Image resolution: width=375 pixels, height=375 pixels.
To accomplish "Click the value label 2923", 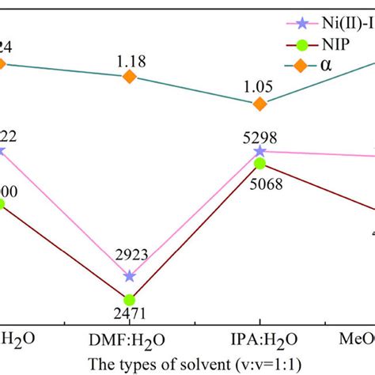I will (131, 255).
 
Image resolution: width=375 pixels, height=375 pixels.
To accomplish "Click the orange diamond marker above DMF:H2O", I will (130, 76).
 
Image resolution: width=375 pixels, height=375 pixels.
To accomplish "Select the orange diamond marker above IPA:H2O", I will (259, 104).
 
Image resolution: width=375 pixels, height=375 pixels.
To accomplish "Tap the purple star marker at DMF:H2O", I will (130, 276).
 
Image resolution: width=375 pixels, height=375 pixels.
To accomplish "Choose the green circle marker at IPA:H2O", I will (259, 164).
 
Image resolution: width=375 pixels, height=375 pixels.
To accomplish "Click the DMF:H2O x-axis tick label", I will (130, 340).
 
